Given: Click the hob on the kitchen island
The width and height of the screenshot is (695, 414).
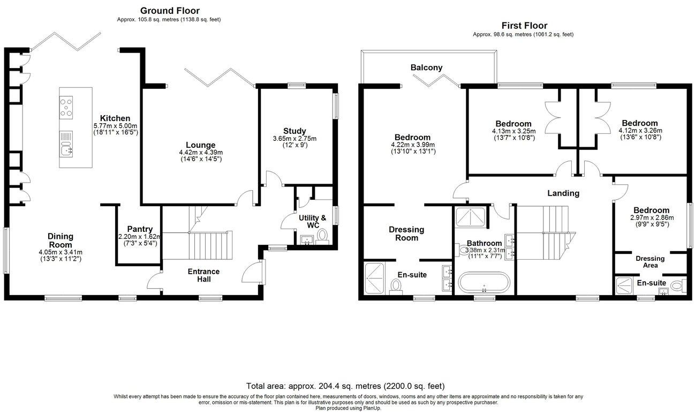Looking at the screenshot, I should click(66, 107).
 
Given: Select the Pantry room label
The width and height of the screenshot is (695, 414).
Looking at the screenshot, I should click(140, 229).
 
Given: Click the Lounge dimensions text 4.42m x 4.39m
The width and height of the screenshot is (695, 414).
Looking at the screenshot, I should click(200, 152).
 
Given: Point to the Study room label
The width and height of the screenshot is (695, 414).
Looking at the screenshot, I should click(294, 131).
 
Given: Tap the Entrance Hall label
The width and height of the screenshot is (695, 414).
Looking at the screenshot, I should click(203, 275).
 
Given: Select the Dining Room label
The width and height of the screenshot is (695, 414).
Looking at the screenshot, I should click(60, 240).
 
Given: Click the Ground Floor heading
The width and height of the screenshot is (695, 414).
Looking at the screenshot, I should click(170, 11).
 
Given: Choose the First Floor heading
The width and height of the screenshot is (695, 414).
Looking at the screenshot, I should click(524, 25).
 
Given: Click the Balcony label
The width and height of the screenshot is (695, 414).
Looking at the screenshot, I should click(426, 67).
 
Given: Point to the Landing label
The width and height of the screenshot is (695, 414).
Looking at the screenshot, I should click(563, 193).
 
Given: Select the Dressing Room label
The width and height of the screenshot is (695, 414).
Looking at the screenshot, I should click(406, 234).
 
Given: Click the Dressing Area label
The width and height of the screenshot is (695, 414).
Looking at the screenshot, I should click(650, 262).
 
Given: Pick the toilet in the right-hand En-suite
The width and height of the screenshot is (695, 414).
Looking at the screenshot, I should click(679, 285).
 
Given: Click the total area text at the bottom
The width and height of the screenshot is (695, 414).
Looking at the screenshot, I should click(345, 386).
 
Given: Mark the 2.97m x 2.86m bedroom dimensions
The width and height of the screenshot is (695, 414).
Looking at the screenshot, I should click(651, 219).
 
